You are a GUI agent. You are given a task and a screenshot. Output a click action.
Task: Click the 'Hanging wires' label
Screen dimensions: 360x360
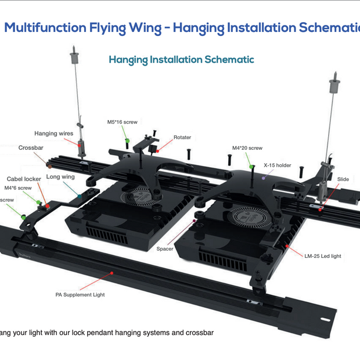[x=53, y=134]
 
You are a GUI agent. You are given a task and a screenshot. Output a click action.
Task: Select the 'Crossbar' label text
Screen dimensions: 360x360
[x=31, y=148]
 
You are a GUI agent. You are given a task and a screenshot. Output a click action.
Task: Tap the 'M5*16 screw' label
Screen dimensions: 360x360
[x=122, y=122]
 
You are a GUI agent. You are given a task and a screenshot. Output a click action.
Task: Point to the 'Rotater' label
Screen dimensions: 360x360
[x=182, y=138]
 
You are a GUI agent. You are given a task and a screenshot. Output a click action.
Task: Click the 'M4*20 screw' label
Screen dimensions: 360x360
[x=247, y=148]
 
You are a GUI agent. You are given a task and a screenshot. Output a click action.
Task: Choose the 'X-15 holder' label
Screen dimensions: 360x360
[x=278, y=165]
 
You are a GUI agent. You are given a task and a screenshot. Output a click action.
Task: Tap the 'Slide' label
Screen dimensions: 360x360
[x=343, y=179]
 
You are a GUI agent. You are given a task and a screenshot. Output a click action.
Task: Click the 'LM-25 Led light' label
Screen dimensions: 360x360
[x=323, y=255]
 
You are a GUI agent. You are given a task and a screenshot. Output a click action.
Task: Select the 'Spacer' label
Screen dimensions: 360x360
[x=165, y=249]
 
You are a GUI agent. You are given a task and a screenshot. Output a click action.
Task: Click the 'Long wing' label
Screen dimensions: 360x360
[x=60, y=177]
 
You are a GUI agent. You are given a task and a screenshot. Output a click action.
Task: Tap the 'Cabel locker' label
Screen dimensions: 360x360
[x=24, y=179]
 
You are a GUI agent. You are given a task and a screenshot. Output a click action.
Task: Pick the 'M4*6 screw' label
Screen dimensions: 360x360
[x=18, y=188]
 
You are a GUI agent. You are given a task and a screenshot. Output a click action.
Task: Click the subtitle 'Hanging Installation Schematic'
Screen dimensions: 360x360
[x=181, y=60]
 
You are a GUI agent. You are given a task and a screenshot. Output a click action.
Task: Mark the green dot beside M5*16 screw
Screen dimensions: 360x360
[x=126, y=140]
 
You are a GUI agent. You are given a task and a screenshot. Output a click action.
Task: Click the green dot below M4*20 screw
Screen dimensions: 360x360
[x=251, y=167]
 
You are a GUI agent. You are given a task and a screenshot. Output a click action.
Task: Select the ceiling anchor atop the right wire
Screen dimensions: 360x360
[x=334, y=85]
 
